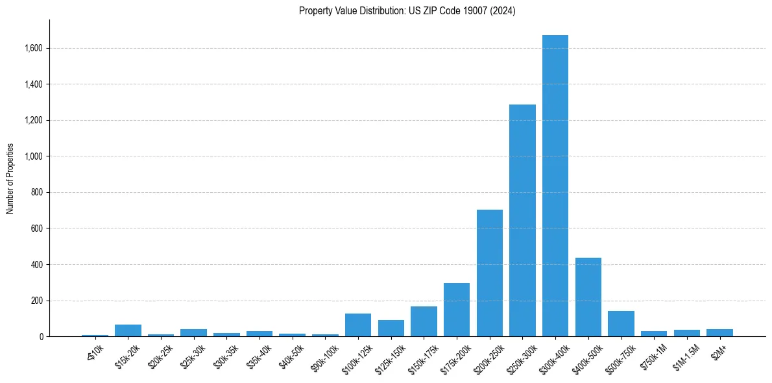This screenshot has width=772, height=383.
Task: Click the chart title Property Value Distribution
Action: (407, 11)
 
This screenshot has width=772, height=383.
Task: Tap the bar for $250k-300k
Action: (522, 221)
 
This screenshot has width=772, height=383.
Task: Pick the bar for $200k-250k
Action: (490, 273)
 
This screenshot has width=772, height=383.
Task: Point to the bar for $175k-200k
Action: (457, 310)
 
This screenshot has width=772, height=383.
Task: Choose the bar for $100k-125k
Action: (358, 325)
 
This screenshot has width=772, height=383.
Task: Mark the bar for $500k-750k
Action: (621, 324)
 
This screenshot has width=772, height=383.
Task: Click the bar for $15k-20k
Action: (128, 330)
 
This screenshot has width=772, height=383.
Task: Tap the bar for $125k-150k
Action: (391, 328)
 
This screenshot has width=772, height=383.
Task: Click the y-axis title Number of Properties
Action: (10, 179)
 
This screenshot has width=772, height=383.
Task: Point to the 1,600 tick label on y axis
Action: (34, 48)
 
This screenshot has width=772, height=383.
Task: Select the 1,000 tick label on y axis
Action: (34, 156)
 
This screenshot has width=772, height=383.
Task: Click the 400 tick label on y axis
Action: (37, 265)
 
